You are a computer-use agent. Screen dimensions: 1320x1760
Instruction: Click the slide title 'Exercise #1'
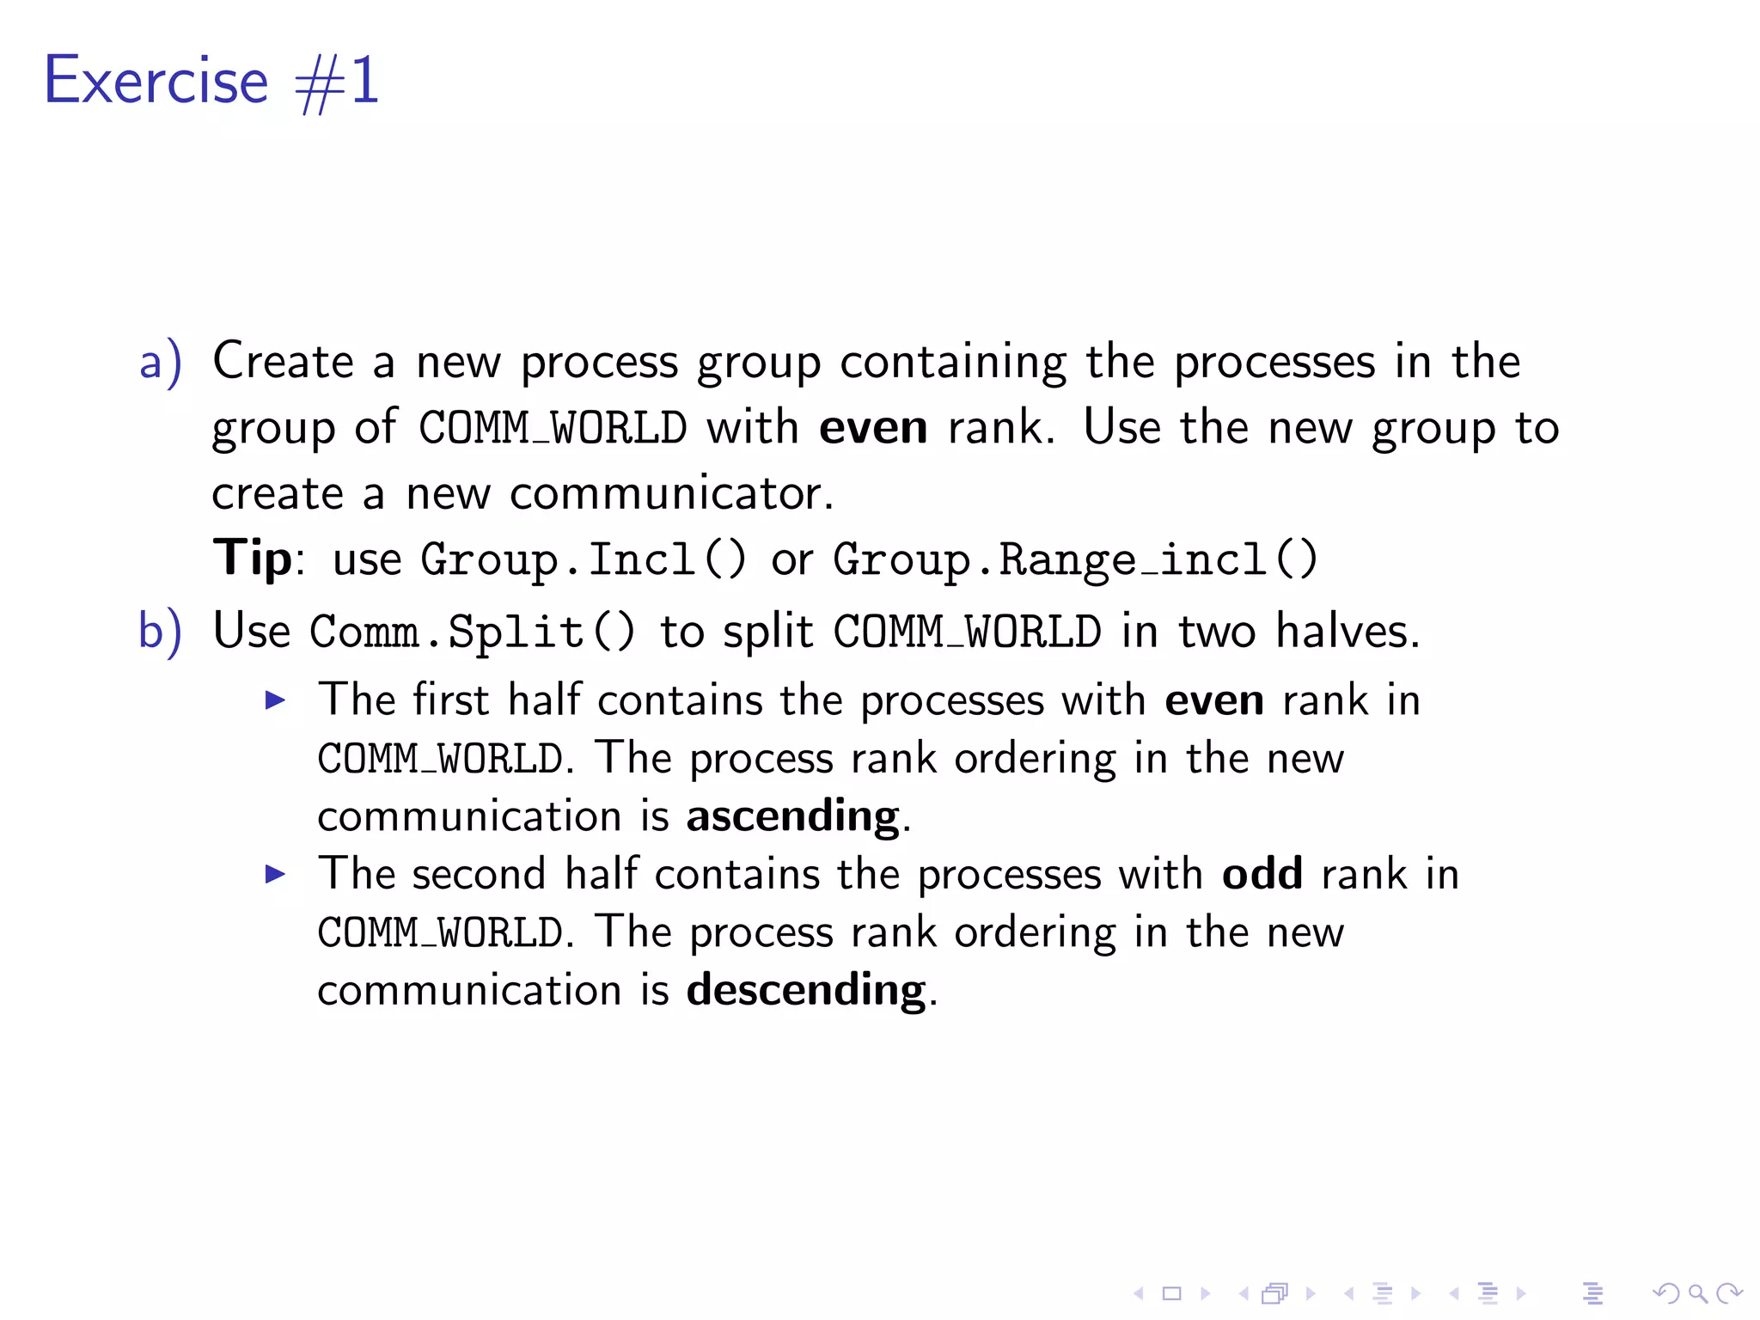point(211,81)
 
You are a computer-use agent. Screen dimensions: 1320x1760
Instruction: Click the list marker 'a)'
point(161,362)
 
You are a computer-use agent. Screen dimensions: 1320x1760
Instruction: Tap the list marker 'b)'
point(161,632)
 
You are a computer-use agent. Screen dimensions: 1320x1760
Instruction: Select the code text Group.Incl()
point(584,559)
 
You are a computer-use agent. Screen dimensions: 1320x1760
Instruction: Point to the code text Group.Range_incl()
point(1075,559)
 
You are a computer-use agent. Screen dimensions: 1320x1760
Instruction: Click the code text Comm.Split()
point(473,632)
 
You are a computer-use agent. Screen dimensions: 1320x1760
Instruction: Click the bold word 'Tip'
point(253,559)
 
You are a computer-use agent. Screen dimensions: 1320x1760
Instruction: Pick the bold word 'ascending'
point(792,816)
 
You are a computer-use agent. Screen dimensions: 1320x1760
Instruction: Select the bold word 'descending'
point(806,990)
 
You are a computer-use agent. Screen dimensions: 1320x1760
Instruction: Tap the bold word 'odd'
point(1262,874)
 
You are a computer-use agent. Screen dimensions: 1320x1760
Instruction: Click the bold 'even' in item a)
point(873,427)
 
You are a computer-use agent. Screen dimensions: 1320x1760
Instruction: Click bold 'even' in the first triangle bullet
point(1213,700)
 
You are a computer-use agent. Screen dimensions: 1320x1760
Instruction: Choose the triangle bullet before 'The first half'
point(275,700)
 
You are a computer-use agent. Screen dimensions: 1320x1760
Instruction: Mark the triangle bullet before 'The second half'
point(275,875)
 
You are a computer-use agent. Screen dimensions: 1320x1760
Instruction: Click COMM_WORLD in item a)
point(553,427)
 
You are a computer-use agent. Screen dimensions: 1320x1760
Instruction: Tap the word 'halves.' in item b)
point(1347,632)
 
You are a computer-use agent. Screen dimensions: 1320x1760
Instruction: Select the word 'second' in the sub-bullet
point(479,874)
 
